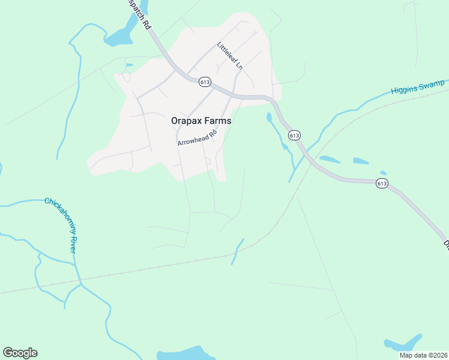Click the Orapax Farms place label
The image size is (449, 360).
click(x=201, y=121)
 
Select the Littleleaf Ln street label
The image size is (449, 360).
click(x=230, y=55)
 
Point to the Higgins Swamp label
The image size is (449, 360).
click(x=418, y=87)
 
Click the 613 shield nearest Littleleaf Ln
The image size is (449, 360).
click(x=205, y=82)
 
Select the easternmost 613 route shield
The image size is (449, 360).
click(x=382, y=183)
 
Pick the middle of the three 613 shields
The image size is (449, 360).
click(x=294, y=136)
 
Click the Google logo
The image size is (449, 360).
click(x=20, y=353)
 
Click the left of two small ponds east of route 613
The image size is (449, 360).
click(x=330, y=160)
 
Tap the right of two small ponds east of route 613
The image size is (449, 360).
click(x=361, y=161)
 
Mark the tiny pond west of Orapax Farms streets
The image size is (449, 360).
click(x=129, y=65)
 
